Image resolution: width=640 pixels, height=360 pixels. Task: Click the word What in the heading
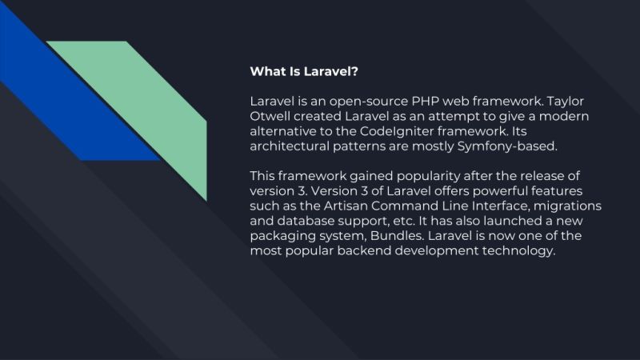267,72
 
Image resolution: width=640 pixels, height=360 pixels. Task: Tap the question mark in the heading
355,72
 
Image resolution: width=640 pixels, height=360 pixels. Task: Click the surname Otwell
270,118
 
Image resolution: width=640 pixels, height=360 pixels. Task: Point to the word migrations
570,206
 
